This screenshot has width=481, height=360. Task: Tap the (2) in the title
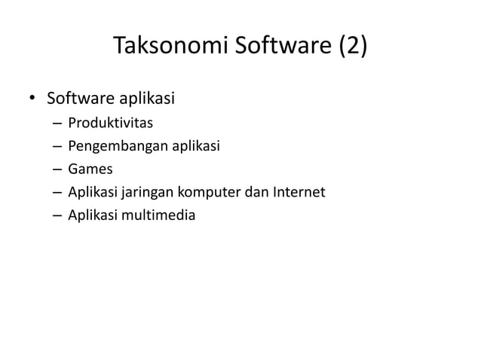tap(352, 47)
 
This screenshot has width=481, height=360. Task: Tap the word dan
tap(259, 193)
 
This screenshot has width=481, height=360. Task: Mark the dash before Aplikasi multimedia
tap(57, 217)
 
